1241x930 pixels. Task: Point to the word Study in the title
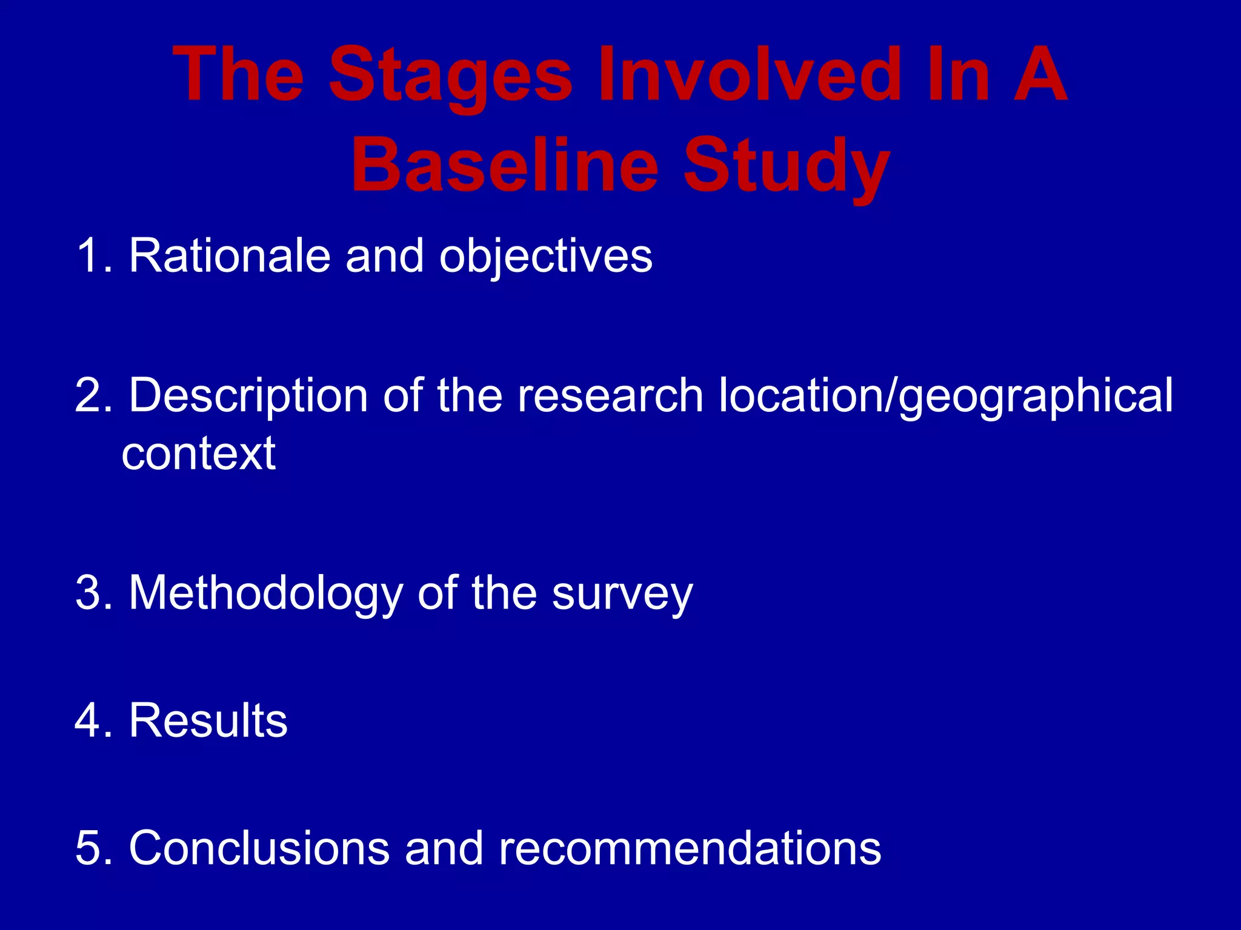pyautogui.click(x=787, y=167)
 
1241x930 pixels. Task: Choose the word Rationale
pyautogui.click(x=229, y=256)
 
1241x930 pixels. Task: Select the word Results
pyautogui.click(x=208, y=721)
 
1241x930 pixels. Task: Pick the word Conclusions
pyautogui.click(x=259, y=848)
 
